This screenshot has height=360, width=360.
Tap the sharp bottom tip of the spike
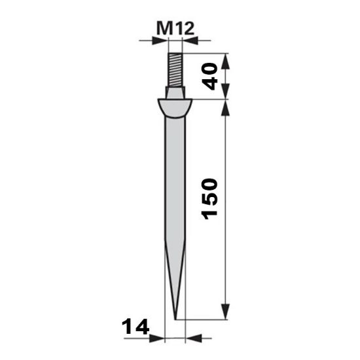tap(175, 319)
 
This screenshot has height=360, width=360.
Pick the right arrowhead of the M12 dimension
tap(190, 40)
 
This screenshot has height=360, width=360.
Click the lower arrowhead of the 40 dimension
tap(225, 94)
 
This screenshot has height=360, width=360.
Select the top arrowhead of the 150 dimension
tap(225, 105)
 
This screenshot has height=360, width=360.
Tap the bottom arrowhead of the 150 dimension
tap(225, 315)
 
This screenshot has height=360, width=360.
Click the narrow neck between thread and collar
tap(174, 92)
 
